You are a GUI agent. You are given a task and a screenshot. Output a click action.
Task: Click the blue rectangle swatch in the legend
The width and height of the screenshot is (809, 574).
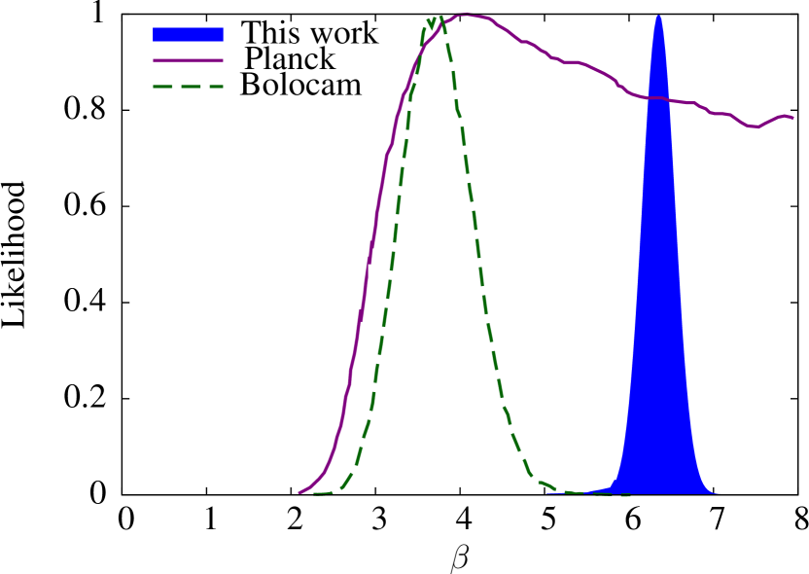pos(188,34)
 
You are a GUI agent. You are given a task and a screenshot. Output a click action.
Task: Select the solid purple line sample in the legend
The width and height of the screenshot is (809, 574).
pos(188,60)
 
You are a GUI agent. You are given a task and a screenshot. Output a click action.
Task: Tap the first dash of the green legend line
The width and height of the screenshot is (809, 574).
pos(161,87)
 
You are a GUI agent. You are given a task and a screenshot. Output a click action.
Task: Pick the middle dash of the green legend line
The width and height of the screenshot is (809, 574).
pos(189,87)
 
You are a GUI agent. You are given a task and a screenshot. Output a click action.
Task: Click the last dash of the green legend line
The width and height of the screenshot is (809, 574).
pos(214,87)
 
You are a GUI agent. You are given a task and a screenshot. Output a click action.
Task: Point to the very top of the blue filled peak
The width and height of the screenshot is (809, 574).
pos(658,16)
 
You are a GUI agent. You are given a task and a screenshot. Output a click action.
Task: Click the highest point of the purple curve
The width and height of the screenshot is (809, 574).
pos(465,15)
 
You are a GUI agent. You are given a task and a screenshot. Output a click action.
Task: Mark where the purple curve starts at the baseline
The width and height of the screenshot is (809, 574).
pos(299,492)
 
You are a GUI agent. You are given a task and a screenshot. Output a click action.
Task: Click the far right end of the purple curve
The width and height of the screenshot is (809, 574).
pos(792,119)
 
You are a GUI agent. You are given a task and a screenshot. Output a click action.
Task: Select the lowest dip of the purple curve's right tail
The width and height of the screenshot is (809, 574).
pos(754,126)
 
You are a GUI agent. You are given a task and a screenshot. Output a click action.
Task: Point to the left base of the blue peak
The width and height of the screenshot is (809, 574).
pos(608,489)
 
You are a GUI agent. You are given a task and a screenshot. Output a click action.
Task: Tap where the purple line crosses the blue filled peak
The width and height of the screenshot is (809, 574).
pos(658,98)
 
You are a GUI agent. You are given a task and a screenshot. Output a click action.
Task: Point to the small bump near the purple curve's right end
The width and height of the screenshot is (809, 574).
pos(784,117)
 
